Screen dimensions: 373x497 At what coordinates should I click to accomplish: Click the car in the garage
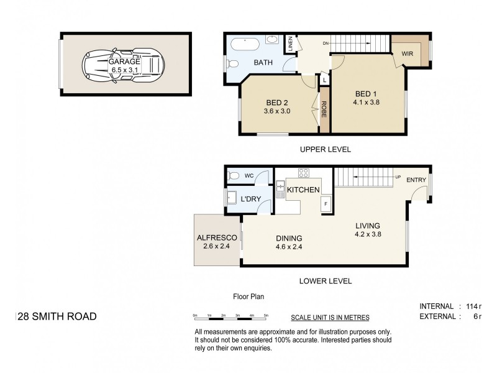[124, 64]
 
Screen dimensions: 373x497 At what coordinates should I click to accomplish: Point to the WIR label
[408, 54]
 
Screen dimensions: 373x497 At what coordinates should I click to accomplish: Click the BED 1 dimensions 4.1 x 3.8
[367, 103]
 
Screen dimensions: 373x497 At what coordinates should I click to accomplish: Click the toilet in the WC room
[234, 175]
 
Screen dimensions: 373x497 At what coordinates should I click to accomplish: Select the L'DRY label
[250, 199]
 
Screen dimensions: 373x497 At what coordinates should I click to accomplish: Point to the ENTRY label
[416, 180]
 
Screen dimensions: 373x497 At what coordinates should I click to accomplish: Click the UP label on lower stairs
[398, 177]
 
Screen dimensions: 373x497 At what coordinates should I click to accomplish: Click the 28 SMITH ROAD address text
[57, 316]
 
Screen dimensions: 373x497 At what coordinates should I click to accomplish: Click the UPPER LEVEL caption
[325, 149]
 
